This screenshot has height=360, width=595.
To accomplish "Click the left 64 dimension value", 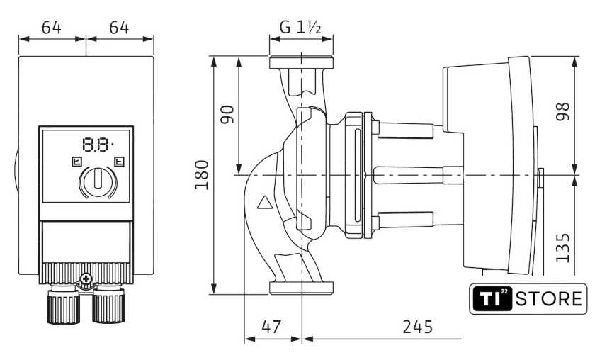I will (x=51, y=28).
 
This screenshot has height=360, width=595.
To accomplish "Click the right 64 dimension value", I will (x=118, y=28).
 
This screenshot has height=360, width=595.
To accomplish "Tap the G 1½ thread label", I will (x=300, y=28).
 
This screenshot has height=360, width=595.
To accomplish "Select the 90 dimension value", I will (x=227, y=114).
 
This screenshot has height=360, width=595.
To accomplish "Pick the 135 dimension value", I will (x=564, y=244).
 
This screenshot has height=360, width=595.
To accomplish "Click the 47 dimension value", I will (x=271, y=327).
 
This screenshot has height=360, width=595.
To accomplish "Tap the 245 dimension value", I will (x=418, y=327).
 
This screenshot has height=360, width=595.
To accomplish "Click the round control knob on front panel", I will (x=97, y=182).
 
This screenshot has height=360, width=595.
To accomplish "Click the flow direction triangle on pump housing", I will (x=264, y=205).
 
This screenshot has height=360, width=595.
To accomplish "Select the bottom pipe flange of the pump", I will (x=300, y=287).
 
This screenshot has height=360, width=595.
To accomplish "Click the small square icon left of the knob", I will (x=76, y=162).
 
